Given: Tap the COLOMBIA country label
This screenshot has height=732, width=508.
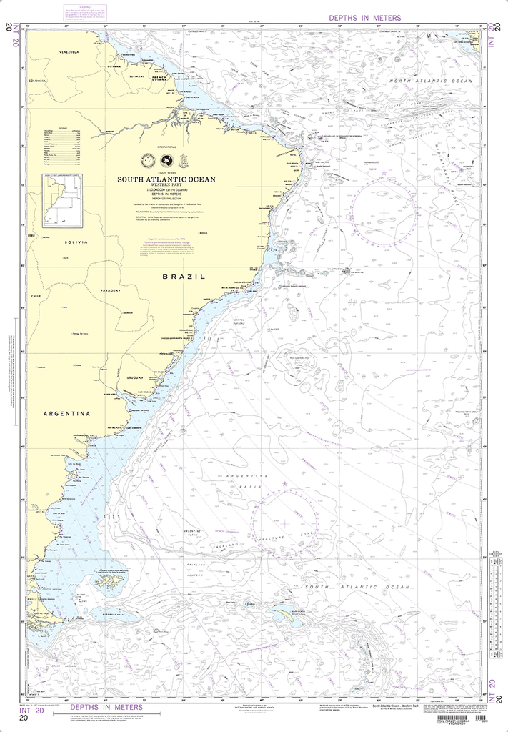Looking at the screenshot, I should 37,81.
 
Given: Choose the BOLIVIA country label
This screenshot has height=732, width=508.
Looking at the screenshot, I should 76,243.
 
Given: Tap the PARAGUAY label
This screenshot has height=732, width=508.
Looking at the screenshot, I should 111,291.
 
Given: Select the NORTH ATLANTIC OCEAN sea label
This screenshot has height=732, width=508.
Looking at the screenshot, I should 431,81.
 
